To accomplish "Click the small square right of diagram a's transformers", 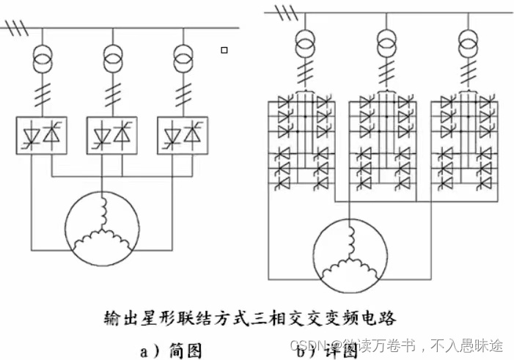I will pos(224,50).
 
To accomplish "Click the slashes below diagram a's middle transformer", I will pos(112,93).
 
